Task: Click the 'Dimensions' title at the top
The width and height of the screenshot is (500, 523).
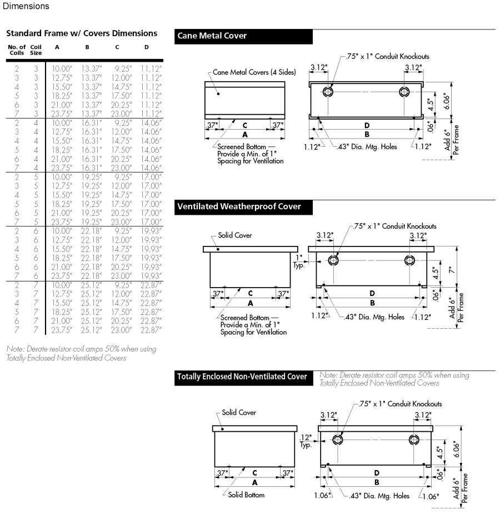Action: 25,6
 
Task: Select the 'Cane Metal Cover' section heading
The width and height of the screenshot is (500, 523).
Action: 212,36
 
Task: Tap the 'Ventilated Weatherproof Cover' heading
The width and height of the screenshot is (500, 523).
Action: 239,206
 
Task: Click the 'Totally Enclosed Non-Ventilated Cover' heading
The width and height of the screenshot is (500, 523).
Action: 242,377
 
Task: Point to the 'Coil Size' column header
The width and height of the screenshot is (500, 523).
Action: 36,50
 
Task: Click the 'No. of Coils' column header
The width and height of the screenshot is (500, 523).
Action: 17,50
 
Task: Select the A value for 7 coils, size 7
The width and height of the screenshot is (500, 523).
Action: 62,330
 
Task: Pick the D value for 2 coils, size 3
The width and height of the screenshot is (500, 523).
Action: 151,68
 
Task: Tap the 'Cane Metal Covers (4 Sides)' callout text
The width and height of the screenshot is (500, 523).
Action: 254,72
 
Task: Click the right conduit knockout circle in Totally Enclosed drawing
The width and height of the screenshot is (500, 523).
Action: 414,440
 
